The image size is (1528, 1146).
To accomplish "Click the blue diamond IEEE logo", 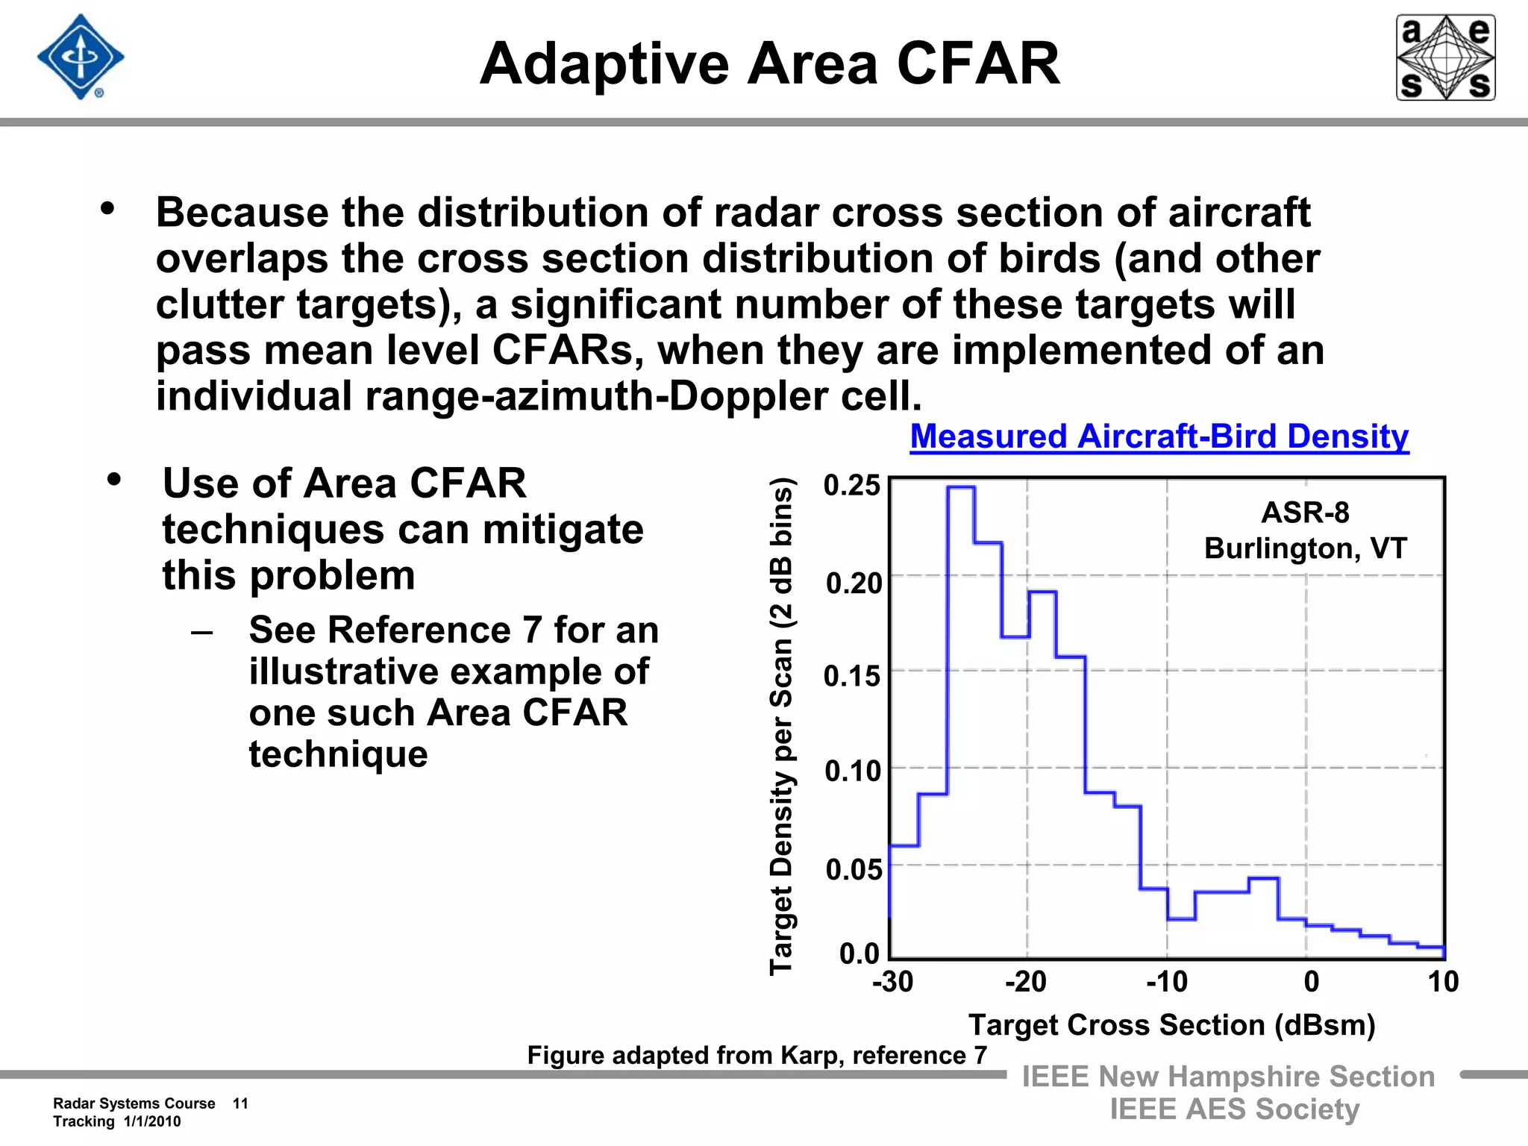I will (x=81, y=57).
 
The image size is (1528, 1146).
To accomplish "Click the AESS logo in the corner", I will (x=1445, y=57).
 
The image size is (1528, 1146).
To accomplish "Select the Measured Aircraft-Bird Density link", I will (x=1159, y=436).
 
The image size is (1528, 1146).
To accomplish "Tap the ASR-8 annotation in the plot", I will (x=1305, y=513).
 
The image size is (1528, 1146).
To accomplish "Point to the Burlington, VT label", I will (x=1305, y=548).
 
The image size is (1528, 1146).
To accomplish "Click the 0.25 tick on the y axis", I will (x=851, y=486).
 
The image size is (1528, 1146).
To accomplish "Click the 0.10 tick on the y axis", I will (x=852, y=771).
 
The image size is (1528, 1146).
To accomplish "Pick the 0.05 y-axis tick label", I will (x=854, y=869).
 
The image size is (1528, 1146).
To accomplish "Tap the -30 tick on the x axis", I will (x=892, y=982).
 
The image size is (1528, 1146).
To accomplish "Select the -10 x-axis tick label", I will (x=1167, y=982).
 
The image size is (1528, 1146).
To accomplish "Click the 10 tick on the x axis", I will (x=1443, y=982).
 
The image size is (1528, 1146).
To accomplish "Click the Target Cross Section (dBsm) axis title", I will (x=1171, y=1025).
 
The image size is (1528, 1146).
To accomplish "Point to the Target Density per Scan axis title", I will (x=781, y=725).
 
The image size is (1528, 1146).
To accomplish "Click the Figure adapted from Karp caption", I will (x=757, y=1055).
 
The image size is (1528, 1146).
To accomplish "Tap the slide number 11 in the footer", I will (x=240, y=1103).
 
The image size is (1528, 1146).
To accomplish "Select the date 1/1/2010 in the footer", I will (x=152, y=1121).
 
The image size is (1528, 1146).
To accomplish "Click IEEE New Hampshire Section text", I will (x=1228, y=1077).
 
